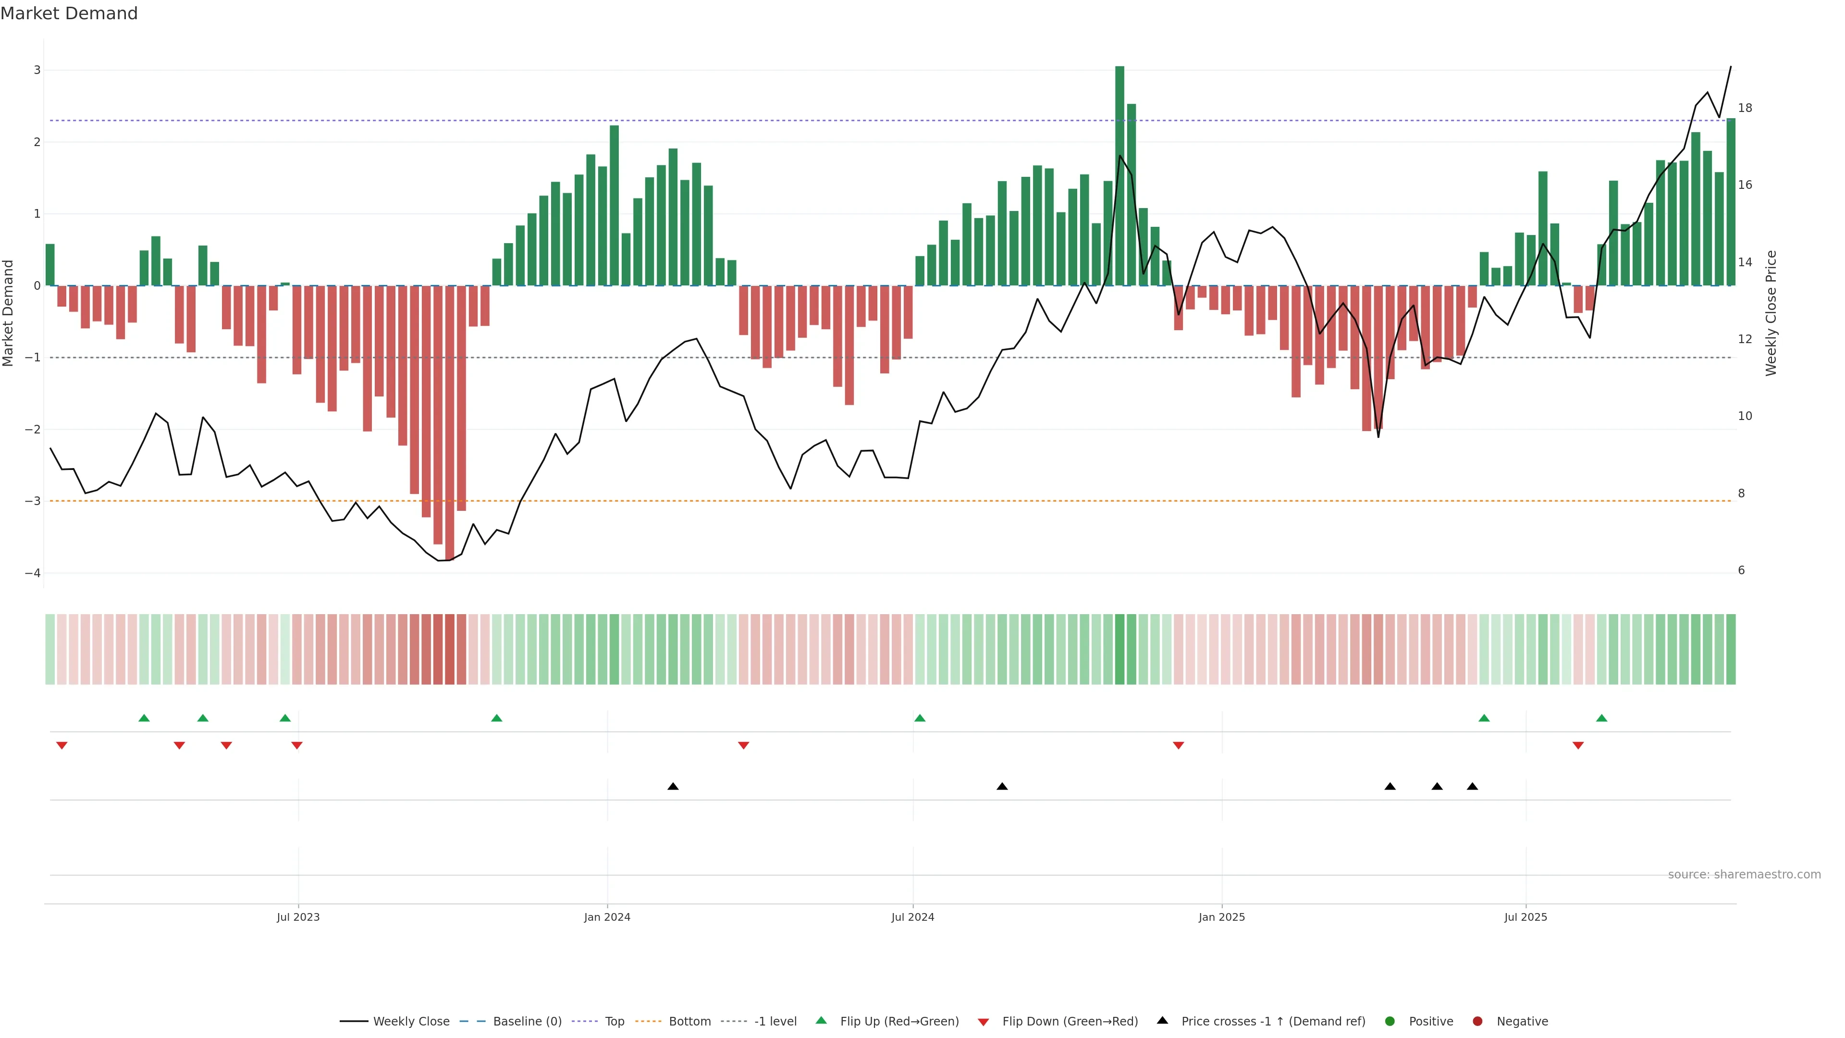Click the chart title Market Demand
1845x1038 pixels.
69,13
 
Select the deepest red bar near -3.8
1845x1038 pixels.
449,423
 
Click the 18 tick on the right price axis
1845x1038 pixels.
1745,108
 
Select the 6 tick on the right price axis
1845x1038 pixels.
1741,570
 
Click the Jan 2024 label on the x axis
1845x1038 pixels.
607,917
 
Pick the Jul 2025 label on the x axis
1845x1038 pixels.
1525,917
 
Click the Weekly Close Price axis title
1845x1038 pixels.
1771,313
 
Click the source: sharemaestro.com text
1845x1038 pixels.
1744,875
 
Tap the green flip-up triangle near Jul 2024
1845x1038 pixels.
920,718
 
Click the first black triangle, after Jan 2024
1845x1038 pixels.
673,787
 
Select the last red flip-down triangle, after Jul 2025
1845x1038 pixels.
1578,746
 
